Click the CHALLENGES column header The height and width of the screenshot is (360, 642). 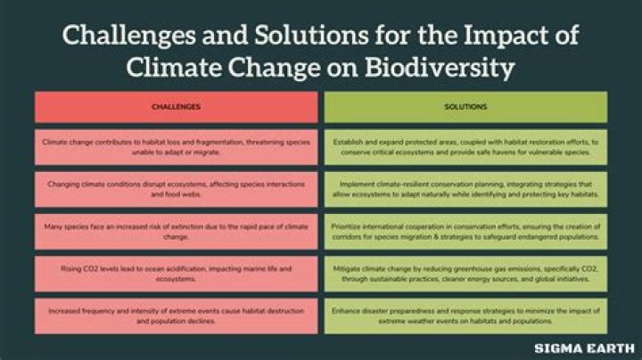(176, 107)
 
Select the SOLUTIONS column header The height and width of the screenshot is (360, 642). (465, 107)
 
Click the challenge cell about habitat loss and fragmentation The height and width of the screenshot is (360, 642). (176, 146)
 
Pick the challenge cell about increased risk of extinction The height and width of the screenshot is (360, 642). (176, 231)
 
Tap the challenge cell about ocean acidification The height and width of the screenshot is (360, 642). (176, 273)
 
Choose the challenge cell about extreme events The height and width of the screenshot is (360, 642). (176, 315)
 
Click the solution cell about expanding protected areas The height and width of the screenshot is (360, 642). (465, 146)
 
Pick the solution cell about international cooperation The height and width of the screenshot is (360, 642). (465, 231)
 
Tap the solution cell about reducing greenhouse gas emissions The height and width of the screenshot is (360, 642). (465, 273)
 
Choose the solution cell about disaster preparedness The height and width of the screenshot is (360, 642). (465, 315)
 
